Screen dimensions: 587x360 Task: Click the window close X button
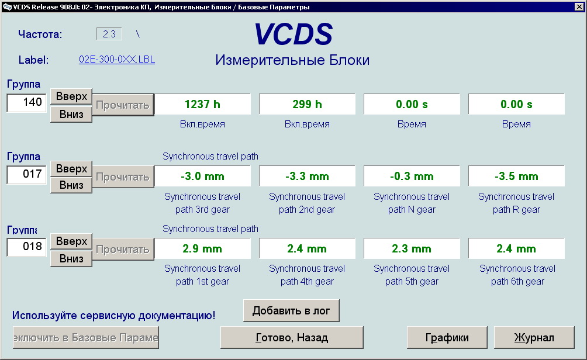pyautogui.click(x=579, y=6)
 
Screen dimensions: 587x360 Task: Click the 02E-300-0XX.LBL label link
pyautogui.click(x=117, y=60)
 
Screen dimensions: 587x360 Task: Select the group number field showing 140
pyautogui.click(x=26, y=102)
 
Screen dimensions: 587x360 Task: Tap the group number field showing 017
pyautogui.click(x=26, y=174)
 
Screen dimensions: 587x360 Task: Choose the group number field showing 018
pyautogui.click(x=26, y=247)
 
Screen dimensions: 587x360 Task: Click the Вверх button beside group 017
pyautogui.click(x=71, y=169)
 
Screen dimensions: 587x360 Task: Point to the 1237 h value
pyautogui.click(x=202, y=104)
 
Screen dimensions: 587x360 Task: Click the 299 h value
pyautogui.click(x=307, y=104)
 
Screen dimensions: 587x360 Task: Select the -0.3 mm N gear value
pyautogui.click(x=412, y=176)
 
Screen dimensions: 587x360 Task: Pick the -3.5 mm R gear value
pyautogui.click(x=516, y=176)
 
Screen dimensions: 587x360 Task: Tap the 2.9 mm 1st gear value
pyautogui.click(x=202, y=248)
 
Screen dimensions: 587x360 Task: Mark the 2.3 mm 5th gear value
pyautogui.click(x=412, y=248)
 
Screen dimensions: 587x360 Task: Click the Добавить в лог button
pyautogui.click(x=291, y=310)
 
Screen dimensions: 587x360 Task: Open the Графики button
pyautogui.click(x=447, y=338)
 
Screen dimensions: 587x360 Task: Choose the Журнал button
pyautogui.click(x=534, y=338)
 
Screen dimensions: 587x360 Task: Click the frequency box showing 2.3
pyautogui.click(x=109, y=34)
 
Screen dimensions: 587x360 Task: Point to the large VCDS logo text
pyautogui.click(x=293, y=34)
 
